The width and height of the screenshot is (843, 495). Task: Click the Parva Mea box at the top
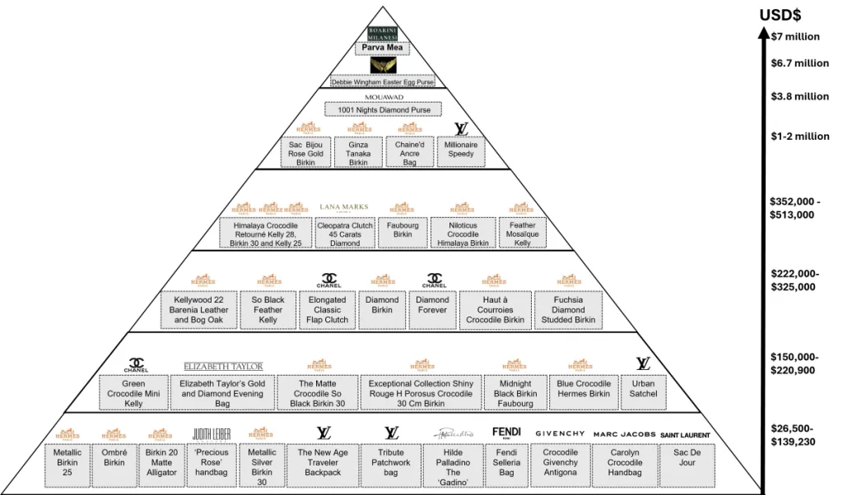383,48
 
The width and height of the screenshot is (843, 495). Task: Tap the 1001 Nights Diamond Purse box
383,109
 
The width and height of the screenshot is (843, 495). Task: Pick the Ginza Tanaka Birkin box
358,152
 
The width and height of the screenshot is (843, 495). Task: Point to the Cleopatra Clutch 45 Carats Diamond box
345,234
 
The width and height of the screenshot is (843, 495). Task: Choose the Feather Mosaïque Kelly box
522,234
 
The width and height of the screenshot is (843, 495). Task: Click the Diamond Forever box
432,306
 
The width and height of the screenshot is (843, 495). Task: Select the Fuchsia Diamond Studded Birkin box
568,310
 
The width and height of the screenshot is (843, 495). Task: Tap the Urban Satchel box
644,390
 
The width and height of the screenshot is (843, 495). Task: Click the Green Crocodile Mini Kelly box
133,393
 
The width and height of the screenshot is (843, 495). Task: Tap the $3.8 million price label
799,96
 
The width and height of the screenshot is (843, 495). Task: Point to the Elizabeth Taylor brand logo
223,366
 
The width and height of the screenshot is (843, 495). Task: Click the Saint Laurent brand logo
685,434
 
